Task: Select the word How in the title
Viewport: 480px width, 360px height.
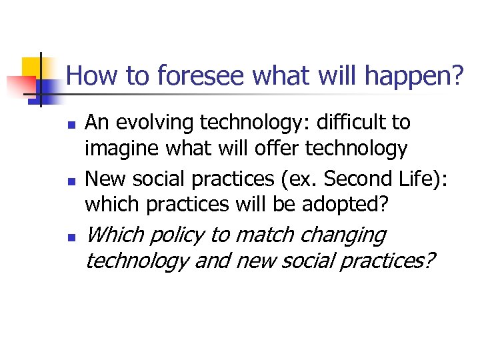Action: pyautogui.click(x=90, y=77)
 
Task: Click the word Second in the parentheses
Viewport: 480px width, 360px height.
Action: pyautogui.click(x=313, y=179)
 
